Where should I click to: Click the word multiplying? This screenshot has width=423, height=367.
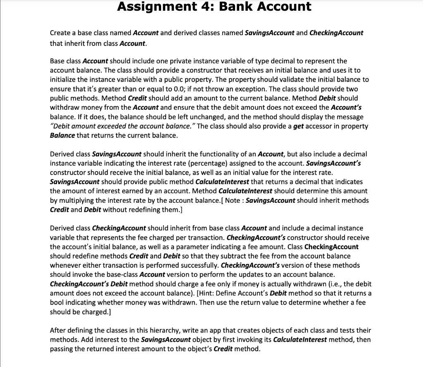click(76, 200)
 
